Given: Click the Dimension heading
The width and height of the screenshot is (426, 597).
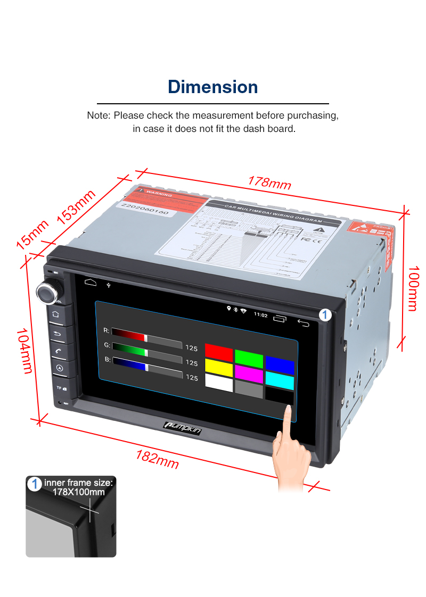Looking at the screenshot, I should pos(213,87).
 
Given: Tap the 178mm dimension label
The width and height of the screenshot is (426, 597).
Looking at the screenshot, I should pos(269,182).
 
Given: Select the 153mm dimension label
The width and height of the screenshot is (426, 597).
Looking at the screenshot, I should pos(76,207).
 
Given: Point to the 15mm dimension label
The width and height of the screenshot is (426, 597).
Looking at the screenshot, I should pos(32,234).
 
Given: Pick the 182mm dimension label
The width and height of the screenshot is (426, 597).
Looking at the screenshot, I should pos(157,459).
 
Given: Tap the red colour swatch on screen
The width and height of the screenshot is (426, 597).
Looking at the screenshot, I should pos(219,353).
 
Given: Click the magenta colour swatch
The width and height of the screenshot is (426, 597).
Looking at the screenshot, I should pos(249,374).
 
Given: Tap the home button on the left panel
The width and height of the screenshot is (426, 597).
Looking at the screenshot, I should pos(56,314).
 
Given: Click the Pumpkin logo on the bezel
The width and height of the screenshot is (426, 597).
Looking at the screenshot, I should pos(182,427).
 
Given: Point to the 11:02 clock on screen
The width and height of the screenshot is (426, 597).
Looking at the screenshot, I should pos(260,314).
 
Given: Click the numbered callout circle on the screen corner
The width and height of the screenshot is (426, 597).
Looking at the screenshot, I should pos(325,315).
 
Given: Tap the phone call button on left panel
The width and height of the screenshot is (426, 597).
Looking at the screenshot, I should pos(58,351).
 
